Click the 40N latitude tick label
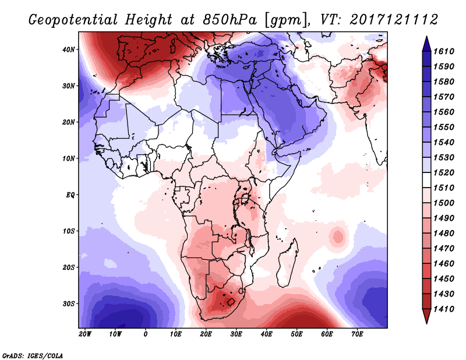[68, 50]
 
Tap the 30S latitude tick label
[68, 304]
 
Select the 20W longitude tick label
[84, 334]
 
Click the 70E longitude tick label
[357, 334]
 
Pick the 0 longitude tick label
[145, 334]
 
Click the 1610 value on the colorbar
[444, 51]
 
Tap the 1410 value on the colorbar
[444, 309]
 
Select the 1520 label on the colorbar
[444, 172]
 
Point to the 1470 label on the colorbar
[444, 249]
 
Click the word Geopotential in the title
[73, 20]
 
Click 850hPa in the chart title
[230, 20]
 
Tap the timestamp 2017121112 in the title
[394, 20]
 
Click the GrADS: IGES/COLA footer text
[33, 356]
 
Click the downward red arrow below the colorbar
[426, 316]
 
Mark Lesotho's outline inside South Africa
[231, 302]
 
